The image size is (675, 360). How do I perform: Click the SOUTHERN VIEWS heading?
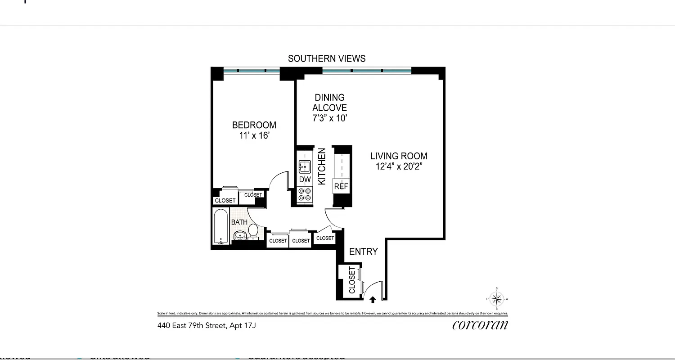click(x=326, y=58)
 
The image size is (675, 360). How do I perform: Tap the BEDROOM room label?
click(x=254, y=125)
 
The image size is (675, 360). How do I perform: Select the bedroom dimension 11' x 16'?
click(x=254, y=135)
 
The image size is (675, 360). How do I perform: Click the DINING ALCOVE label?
click(x=330, y=103)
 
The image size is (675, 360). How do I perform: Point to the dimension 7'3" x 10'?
click(x=330, y=118)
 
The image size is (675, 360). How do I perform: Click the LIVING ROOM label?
click(x=399, y=156)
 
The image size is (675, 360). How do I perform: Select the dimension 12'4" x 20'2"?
click(x=399, y=166)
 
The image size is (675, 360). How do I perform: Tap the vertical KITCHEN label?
click(x=322, y=166)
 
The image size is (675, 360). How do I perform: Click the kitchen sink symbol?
click(x=305, y=167)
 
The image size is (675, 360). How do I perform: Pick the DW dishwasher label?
click(x=305, y=180)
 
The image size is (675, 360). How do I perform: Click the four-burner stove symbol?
click(x=305, y=194)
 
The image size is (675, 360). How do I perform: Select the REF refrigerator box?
click(x=341, y=186)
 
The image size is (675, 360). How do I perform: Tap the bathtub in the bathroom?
click(x=220, y=226)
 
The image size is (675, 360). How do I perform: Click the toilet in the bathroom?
click(x=253, y=231)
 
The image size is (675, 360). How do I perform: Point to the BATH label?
click(x=239, y=222)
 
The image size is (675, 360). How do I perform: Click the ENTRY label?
click(x=363, y=252)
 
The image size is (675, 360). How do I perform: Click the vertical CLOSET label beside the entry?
click(x=352, y=280)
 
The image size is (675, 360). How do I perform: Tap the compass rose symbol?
click(x=497, y=299)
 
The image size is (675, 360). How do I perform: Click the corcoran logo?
click(x=480, y=325)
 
